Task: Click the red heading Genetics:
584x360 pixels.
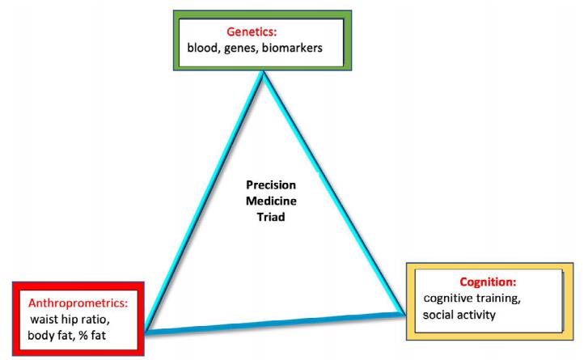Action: pyautogui.click(x=252, y=32)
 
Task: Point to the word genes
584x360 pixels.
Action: pyautogui.click(x=241, y=49)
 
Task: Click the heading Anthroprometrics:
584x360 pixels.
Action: pyautogui.click(x=78, y=303)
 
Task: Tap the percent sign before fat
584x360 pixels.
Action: pyautogui.click(x=83, y=336)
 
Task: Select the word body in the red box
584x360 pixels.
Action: pyautogui.click(x=41, y=336)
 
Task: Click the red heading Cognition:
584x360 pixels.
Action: pyautogui.click(x=488, y=282)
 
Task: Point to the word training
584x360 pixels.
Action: pyautogui.click(x=498, y=299)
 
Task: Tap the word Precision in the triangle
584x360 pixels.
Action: pyautogui.click(x=271, y=184)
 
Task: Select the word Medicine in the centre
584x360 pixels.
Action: pyautogui.click(x=271, y=201)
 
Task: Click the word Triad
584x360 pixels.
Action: pyautogui.click(x=271, y=217)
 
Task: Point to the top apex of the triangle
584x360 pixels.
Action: pyautogui.click(x=264, y=73)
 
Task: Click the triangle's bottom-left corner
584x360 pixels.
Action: pyautogui.click(x=146, y=332)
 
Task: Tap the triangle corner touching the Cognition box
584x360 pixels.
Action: pyautogui.click(x=404, y=314)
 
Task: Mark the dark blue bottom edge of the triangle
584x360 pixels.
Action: pyautogui.click(x=274, y=324)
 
